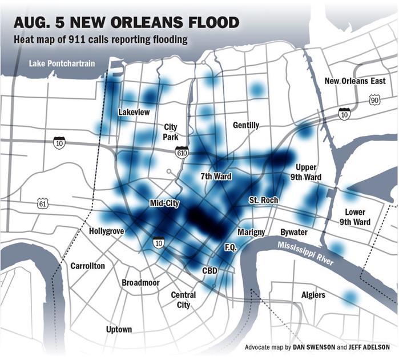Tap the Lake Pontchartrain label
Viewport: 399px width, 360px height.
(x=62, y=63)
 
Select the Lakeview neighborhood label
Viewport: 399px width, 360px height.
(x=134, y=112)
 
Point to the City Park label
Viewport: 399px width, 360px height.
(x=171, y=132)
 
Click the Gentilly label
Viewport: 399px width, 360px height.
(x=246, y=125)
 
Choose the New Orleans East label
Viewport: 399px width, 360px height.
(x=355, y=81)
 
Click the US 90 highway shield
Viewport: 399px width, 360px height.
(x=374, y=101)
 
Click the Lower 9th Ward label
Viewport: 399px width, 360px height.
(x=354, y=217)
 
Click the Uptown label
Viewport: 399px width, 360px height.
(x=119, y=329)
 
